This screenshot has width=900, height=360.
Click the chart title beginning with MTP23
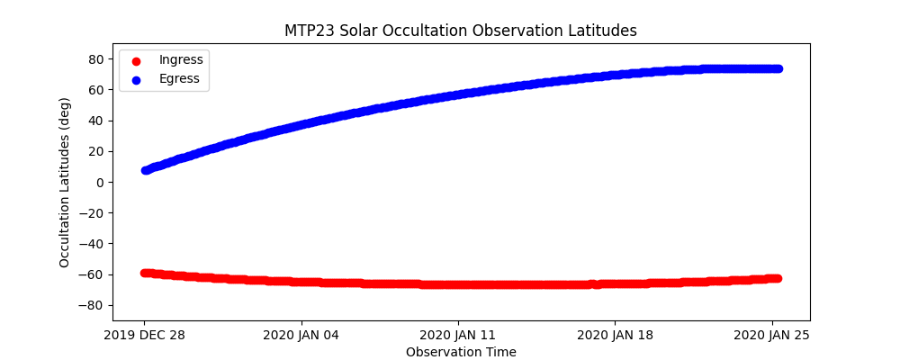click(461, 31)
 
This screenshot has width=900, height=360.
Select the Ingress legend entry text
click(181, 60)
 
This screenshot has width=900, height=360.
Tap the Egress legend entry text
click(180, 79)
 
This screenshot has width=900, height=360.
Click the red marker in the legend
click(136, 61)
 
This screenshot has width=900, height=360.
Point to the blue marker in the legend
click(136, 80)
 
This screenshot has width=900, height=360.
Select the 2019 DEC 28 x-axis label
click(144, 336)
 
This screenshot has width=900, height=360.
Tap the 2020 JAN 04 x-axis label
click(301, 336)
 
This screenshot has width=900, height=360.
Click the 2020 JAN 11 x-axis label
click(458, 336)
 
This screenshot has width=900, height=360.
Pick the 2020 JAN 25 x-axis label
click(772, 336)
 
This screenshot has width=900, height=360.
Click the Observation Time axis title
click(461, 352)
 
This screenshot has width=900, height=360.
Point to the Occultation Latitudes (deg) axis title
click(65, 196)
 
